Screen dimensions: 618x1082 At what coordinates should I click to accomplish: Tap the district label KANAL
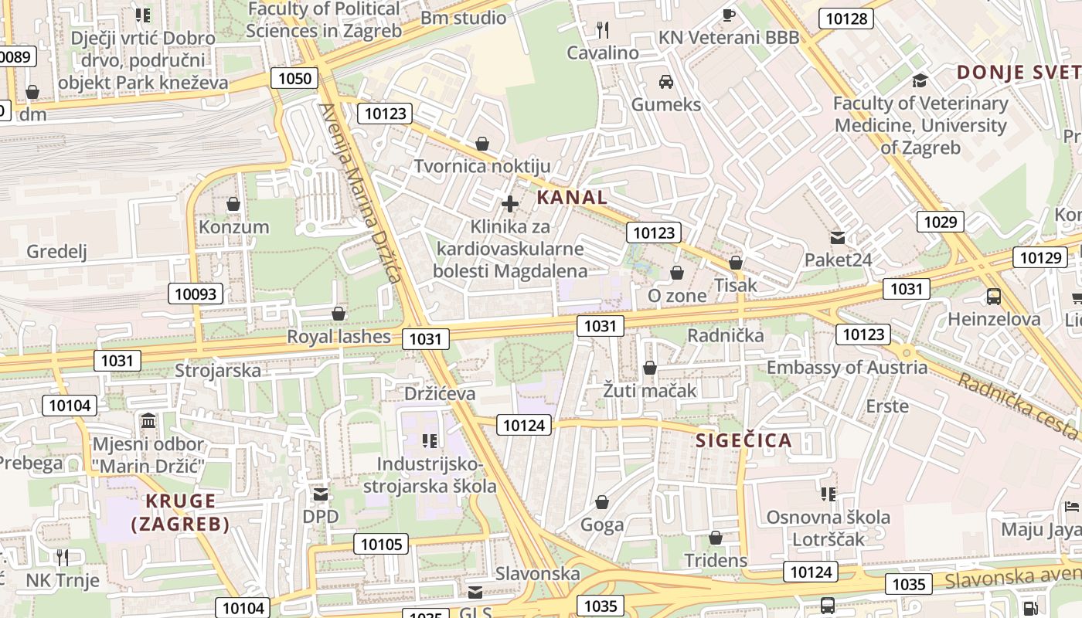(x=572, y=197)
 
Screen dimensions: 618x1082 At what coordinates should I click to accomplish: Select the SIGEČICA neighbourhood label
(x=743, y=440)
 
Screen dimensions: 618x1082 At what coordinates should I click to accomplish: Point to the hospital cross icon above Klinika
(x=510, y=204)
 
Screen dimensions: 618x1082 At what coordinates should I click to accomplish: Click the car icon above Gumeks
(x=665, y=82)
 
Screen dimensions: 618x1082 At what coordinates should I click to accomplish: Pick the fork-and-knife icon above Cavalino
(x=603, y=30)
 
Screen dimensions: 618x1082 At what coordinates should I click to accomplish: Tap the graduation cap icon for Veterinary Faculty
(x=920, y=80)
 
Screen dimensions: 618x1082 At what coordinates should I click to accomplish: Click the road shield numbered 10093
(x=196, y=294)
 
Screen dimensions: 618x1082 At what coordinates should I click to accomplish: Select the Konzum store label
(x=234, y=227)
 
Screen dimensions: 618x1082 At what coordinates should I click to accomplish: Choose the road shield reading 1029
(x=941, y=222)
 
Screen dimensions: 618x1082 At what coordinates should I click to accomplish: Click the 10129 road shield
(x=1039, y=257)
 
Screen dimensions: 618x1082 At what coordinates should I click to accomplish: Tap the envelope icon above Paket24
(x=838, y=237)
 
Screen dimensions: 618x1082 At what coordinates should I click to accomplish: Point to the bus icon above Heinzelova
(x=994, y=296)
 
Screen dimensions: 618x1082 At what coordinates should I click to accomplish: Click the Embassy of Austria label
(x=846, y=367)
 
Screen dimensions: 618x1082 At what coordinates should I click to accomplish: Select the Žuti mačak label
(x=650, y=390)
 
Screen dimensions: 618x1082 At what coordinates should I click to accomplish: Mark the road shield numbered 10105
(x=382, y=544)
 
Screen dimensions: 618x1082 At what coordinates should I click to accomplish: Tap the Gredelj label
(x=56, y=251)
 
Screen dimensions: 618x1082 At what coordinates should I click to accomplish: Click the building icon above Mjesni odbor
(x=148, y=421)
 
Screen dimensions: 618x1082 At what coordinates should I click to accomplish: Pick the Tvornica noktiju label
(x=482, y=166)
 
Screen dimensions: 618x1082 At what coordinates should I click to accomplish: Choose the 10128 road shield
(x=846, y=19)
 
